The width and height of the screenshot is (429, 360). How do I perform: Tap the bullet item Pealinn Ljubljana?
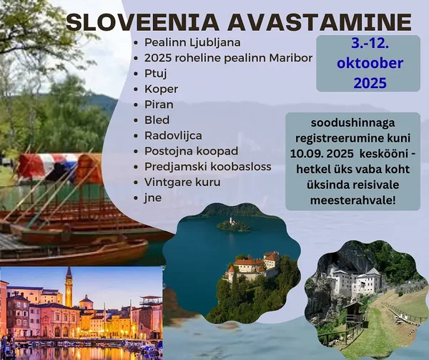[192, 43]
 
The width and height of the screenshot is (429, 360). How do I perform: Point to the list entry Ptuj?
[156, 74]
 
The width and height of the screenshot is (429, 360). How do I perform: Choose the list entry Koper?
[161, 89]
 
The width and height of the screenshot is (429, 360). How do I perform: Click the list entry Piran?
[159, 104]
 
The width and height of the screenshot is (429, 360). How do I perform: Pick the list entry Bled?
[157, 120]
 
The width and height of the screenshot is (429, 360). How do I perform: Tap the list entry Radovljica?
[173, 136]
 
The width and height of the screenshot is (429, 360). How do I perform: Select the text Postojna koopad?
[191, 152]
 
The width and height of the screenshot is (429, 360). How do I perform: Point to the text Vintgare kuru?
[182, 183]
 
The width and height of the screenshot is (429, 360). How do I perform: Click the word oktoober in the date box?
[370, 63]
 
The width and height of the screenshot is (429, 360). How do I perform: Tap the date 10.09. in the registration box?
[306, 154]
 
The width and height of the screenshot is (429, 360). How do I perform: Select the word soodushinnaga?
[353, 123]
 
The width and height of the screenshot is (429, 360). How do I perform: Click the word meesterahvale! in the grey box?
[353, 200]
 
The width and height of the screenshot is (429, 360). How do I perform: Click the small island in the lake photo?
[233, 225]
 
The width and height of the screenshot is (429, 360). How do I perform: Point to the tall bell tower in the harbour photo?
[69, 287]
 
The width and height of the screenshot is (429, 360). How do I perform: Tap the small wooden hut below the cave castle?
[353, 312]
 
